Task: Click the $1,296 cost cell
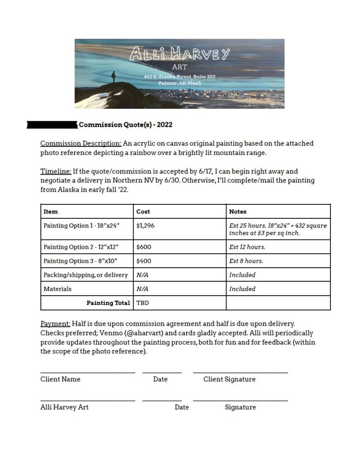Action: [x=145, y=226]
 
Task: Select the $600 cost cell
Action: [x=144, y=247]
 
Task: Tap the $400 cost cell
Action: [x=144, y=261]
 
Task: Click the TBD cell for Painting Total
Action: [x=142, y=303]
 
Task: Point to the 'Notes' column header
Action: [x=238, y=212]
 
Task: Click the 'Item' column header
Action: [x=51, y=212]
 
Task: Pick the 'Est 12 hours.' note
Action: [x=247, y=247]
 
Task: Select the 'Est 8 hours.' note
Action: [x=246, y=261]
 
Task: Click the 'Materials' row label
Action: [x=58, y=289]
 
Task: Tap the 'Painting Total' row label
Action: [x=108, y=303]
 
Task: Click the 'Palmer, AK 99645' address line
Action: [x=179, y=83]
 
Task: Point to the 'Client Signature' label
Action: [x=229, y=379]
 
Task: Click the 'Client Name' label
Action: [x=60, y=379]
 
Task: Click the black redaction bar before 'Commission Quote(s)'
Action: [x=52, y=125]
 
